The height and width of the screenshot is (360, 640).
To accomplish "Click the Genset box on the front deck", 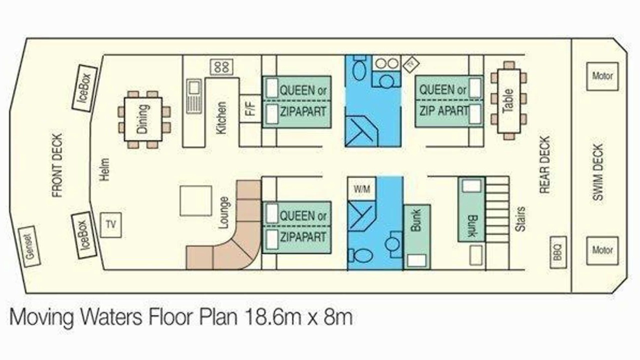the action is (29, 247).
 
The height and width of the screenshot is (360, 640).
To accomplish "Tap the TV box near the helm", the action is (111, 225).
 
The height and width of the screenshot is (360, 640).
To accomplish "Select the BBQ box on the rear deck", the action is (558, 252).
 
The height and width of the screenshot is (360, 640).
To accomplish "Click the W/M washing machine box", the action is (362, 188).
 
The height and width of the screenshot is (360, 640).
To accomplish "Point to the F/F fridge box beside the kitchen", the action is (250, 108).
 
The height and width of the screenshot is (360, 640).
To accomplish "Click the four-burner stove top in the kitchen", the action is (221, 67).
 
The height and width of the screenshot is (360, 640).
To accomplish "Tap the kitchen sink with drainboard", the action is (194, 96).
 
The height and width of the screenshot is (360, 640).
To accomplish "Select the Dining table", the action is (143, 119).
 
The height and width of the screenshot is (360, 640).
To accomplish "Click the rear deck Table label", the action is (508, 101).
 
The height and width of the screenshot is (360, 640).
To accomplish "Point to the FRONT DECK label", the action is (57, 165).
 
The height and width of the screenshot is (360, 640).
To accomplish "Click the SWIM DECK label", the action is (597, 172).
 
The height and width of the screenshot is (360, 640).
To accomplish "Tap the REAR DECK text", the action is (544, 165).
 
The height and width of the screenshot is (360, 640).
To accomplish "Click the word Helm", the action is (104, 169).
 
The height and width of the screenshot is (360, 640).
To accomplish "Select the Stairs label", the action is (520, 219).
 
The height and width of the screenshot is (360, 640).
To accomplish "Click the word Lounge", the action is (223, 213).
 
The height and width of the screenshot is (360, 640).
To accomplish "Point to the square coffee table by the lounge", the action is (195, 200).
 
